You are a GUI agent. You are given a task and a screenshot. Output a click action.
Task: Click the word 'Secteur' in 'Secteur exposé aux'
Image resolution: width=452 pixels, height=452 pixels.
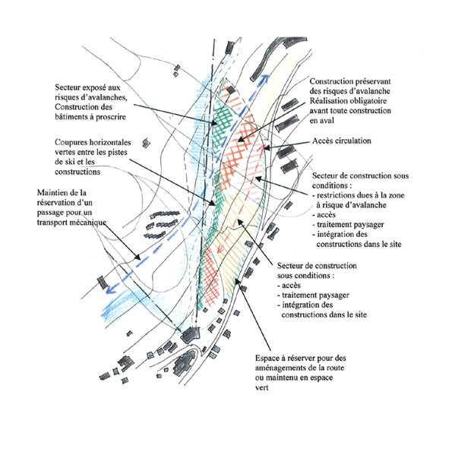[x=66, y=87]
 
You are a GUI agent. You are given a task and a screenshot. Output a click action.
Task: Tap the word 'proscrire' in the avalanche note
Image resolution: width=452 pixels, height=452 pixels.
[x=111, y=117]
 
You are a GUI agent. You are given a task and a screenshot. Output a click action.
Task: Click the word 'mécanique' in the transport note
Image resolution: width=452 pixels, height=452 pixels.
[x=90, y=223]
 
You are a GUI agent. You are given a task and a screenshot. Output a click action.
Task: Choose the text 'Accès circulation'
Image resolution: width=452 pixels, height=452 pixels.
[x=342, y=141]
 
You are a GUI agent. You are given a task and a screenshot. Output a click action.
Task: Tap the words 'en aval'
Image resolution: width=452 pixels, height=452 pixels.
[x=321, y=121]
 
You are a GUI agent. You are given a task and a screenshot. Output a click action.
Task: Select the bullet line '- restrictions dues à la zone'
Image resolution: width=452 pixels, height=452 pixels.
[x=359, y=195]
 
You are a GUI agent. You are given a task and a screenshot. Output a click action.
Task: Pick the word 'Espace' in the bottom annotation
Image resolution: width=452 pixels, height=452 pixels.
[x=266, y=359]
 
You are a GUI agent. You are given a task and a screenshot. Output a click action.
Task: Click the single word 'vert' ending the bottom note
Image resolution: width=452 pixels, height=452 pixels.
[x=261, y=388]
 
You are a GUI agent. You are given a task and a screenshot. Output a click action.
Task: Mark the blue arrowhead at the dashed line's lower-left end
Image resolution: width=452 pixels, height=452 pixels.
[x=111, y=288]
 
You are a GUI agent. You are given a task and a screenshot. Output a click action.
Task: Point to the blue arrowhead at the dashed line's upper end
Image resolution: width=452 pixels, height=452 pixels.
[x=266, y=77]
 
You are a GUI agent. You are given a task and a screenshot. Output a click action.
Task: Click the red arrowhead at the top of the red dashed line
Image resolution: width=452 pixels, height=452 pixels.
[x=262, y=148]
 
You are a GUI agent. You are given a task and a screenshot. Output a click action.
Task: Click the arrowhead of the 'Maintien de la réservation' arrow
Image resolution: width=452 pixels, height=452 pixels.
[x=137, y=257]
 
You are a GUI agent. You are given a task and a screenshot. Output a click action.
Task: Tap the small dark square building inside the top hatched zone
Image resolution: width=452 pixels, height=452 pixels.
[x=230, y=90]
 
